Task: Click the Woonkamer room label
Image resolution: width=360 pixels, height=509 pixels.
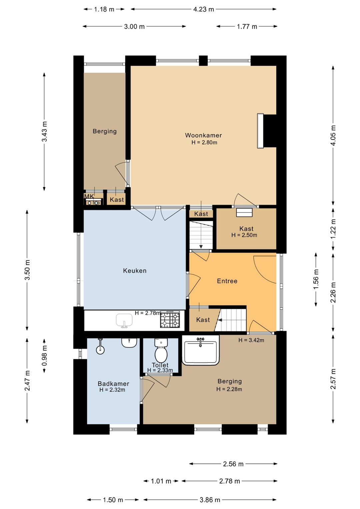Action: click(x=203, y=135)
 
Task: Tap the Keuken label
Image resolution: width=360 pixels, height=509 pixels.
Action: click(x=135, y=271)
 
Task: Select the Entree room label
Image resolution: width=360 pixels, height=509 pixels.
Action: click(x=227, y=281)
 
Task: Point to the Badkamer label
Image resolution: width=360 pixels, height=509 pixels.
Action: click(x=113, y=384)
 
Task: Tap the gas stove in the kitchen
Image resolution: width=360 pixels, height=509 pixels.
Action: click(x=170, y=320)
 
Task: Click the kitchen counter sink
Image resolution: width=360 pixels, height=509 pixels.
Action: click(x=124, y=321)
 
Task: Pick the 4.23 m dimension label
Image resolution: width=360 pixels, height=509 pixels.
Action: click(x=204, y=9)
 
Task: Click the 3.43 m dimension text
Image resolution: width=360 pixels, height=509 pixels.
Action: click(x=44, y=131)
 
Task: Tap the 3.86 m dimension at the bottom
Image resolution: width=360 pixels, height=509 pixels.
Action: click(x=210, y=500)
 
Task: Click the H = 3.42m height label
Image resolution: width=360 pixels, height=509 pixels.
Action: click(x=251, y=340)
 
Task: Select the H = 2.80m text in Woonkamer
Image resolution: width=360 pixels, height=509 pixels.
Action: click(x=204, y=142)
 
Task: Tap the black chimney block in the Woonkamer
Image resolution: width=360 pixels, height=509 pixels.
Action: click(x=270, y=131)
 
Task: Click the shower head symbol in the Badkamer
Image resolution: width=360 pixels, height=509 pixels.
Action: click(x=100, y=347)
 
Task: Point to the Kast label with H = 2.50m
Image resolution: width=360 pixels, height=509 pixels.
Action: click(x=246, y=228)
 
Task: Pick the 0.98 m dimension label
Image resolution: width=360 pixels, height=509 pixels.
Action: click(x=44, y=356)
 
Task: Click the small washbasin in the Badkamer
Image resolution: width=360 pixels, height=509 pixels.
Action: click(x=129, y=343)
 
